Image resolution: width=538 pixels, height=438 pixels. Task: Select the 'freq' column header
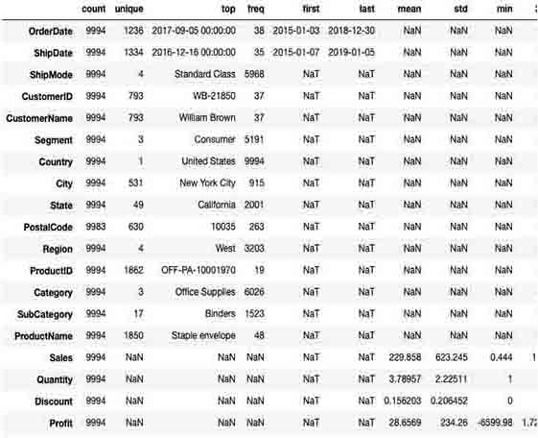[255, 9]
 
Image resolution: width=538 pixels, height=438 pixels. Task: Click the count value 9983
[93, 227]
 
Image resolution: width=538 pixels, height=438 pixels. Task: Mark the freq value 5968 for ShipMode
[255, 75]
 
